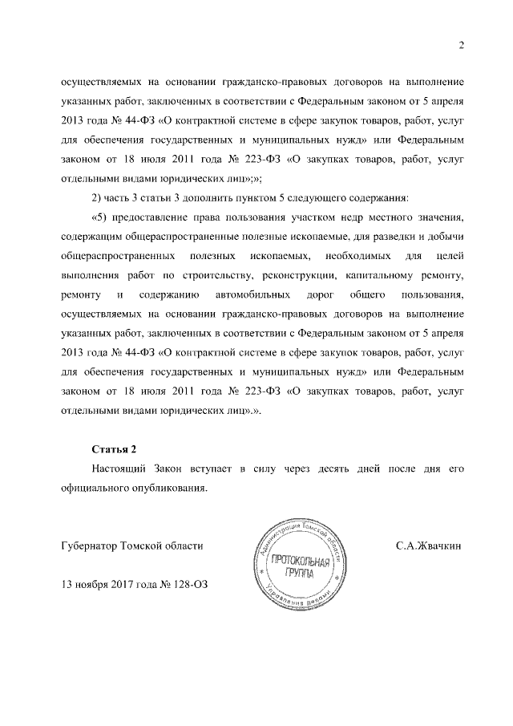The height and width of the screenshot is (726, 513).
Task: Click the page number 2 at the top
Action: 462,44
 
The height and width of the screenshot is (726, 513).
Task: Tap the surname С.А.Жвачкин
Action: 429,546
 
